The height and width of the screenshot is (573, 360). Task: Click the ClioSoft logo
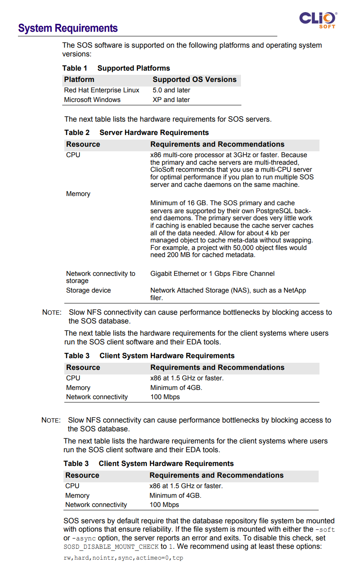coord(318,19)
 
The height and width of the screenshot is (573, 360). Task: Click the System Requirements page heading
coord(68,28)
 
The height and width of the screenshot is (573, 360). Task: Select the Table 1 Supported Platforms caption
coord(116,68)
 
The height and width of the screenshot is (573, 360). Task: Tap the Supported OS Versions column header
coord(194,79)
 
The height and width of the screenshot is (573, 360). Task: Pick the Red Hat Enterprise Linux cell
coord(101,90)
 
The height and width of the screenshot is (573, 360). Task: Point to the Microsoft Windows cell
coord(92,100)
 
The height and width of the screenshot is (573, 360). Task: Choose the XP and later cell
coord(171,100)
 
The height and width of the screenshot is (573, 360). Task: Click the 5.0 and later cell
coord(171,90)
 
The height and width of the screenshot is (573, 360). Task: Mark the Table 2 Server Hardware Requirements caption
coord(137,132)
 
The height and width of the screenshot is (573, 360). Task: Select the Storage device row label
coord(89,290)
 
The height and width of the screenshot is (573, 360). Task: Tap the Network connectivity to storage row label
coord(101,277)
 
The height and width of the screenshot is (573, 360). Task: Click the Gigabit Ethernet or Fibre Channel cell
coord(212,274)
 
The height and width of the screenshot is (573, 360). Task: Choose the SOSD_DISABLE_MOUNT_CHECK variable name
coord(111,547)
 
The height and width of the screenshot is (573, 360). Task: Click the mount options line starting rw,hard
coord(123,558)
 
